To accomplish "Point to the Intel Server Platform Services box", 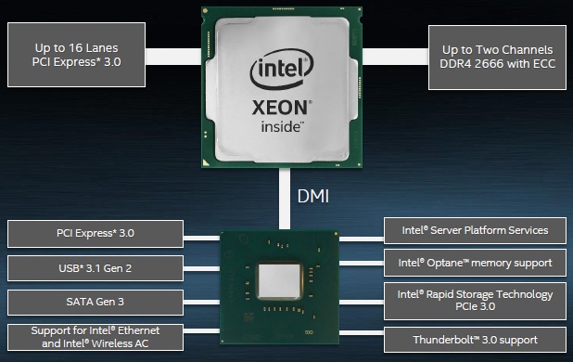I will pos(474,231).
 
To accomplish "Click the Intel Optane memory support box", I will pos(474,263).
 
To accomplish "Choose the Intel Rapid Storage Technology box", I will pos(474,300).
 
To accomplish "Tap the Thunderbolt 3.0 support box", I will pos(474,339).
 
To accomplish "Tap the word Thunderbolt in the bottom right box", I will pos(448,339).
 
